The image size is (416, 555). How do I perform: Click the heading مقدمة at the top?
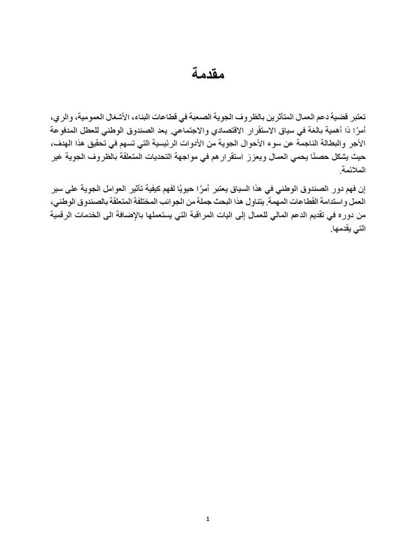(207, 75)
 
